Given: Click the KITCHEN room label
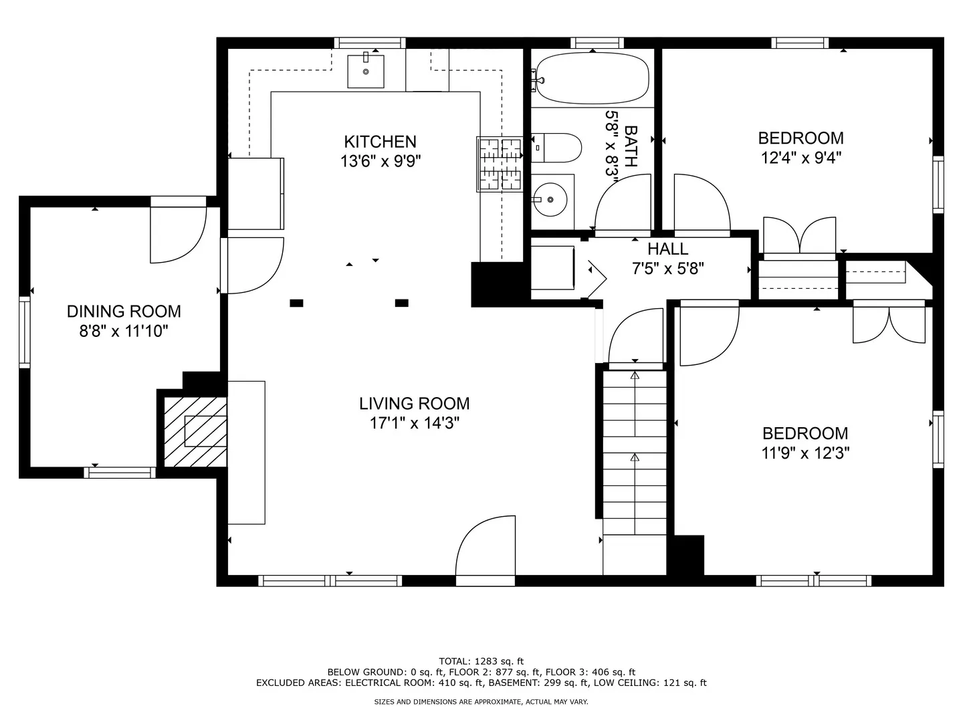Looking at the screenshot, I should (380, 142).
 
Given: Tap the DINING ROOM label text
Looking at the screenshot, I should (124, 312).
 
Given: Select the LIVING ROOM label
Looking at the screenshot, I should (414, 404).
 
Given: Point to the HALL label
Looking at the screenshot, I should (667, 249).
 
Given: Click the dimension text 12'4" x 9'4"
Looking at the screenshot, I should (800, 158).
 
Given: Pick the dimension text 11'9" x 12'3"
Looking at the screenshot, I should (805, 453).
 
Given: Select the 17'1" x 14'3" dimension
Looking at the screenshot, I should (414, 423).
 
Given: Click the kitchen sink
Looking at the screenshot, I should (366, 71).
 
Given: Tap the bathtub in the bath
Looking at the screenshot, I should (592, 79).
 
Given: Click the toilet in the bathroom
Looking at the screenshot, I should (558, 148).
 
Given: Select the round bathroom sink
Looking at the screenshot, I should (550, 199).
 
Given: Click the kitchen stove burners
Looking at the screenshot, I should (500, 164).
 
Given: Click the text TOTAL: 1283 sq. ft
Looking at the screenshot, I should (481, 661).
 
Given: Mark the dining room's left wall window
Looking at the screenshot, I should (25, 332).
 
